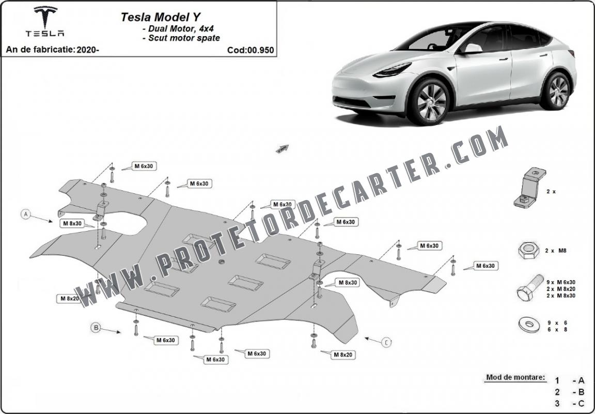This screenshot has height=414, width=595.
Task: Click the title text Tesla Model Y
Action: tap(161, 17)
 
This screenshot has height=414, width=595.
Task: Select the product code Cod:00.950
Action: tap(250, 50)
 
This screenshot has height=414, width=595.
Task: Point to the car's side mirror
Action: tap(472, 49)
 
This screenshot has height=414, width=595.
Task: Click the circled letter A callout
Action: tap(26, 214)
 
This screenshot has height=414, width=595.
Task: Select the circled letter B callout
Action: tap(96, 327)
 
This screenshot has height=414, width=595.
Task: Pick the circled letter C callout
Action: tap(387, 343)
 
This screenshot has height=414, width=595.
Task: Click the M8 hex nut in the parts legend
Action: tap(528, 250)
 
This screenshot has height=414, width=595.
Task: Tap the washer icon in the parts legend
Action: tap(529, 325)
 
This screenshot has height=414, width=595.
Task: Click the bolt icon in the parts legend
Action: tap(529, 288)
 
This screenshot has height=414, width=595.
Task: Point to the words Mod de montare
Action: tap(515, 377)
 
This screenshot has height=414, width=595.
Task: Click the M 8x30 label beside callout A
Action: tap(72, 224)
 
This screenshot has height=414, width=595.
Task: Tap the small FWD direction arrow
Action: tap(283, 148)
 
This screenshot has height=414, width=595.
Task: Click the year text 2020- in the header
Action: tap(88, 50)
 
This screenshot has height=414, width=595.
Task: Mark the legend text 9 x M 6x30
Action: tap(561, 282)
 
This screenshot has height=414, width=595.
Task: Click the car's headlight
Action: tap(392, 70)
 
